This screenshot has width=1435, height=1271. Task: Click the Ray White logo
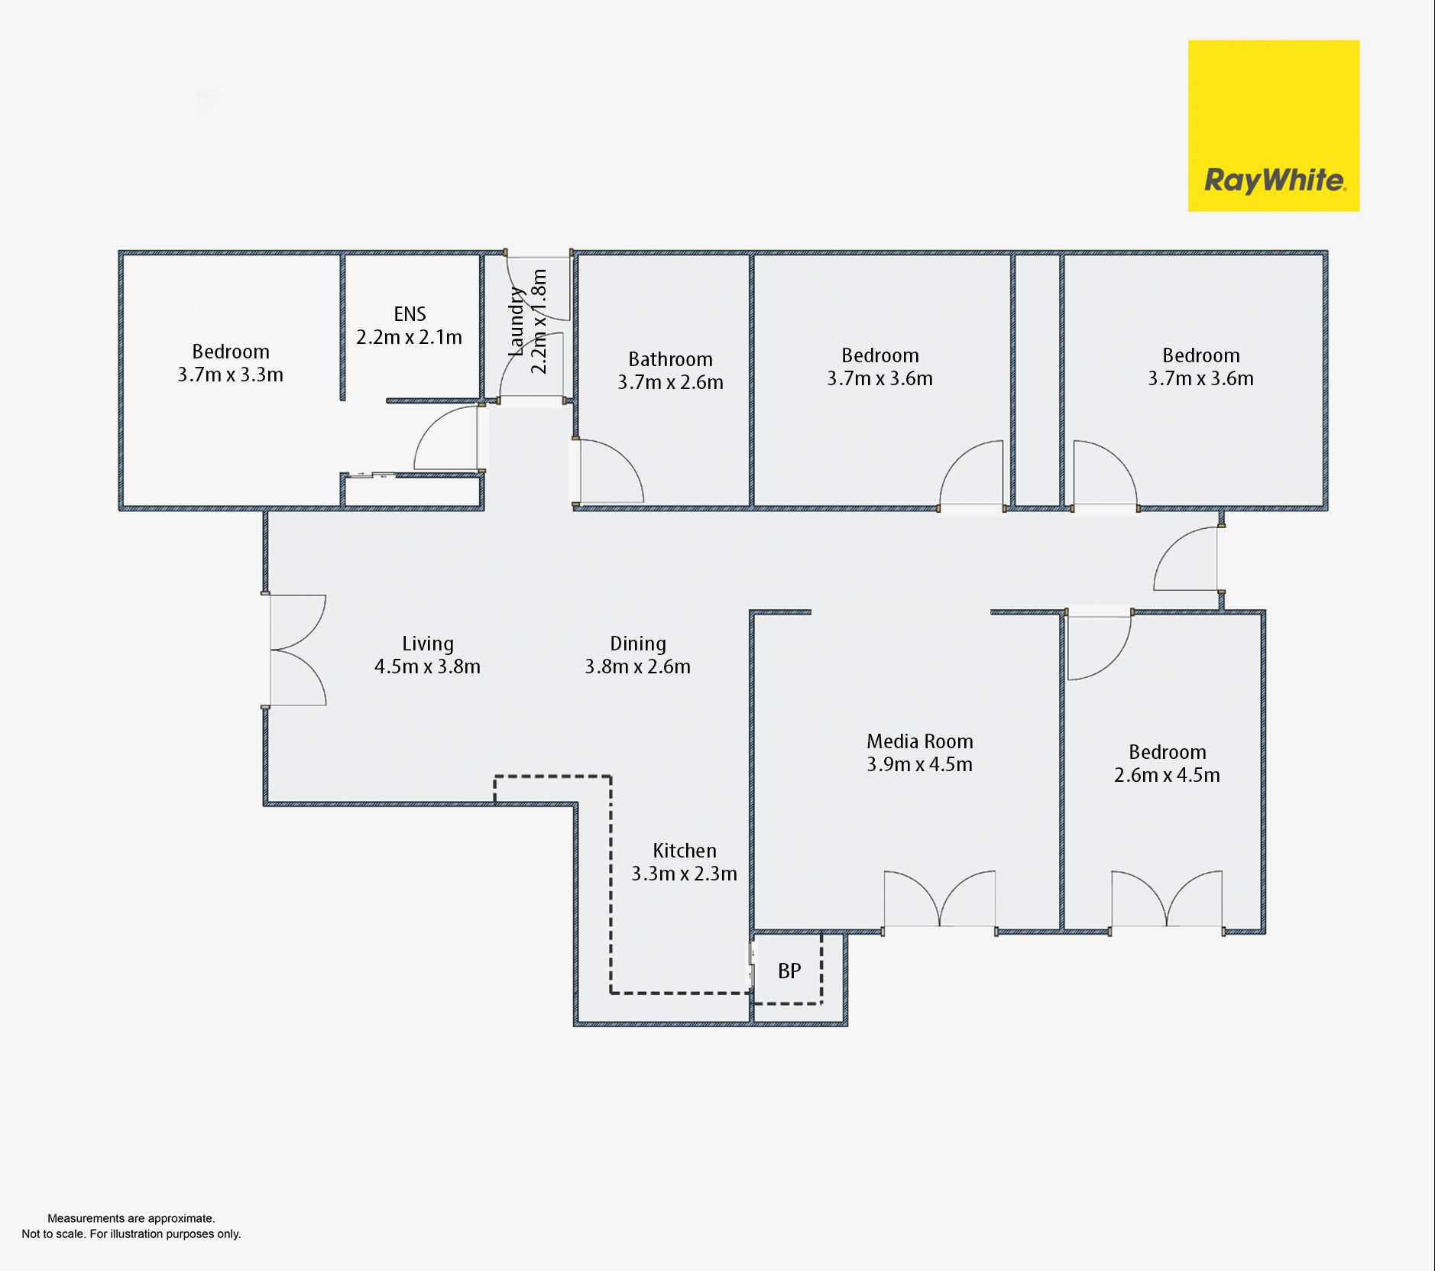point(1273,125)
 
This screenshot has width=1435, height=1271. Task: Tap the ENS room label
point(410,314)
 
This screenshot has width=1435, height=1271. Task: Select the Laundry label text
point(517,322)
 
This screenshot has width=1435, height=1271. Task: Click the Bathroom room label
point(670,359)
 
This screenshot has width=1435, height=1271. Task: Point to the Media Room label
point(919,741)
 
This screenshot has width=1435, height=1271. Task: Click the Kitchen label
point(685,851)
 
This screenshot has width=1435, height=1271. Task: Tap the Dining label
point(638,644)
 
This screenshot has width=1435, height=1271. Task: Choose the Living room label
point(428,644)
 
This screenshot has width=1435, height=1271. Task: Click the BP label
point(789,971)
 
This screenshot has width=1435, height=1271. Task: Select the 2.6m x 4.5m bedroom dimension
point(1167,775)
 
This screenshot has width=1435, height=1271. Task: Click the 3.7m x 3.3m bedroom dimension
point(230,374)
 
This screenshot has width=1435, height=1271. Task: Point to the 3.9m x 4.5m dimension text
point(919,764)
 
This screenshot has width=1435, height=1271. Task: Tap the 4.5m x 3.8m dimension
point(427,666)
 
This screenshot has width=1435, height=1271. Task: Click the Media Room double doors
point(940,900)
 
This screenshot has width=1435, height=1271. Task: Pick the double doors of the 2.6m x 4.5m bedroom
point(1167,900)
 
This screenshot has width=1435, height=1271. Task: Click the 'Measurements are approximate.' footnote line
point(131,1218)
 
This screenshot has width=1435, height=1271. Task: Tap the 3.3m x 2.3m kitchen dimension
point(684,874)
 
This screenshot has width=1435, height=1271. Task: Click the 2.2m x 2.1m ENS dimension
point(409,337)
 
